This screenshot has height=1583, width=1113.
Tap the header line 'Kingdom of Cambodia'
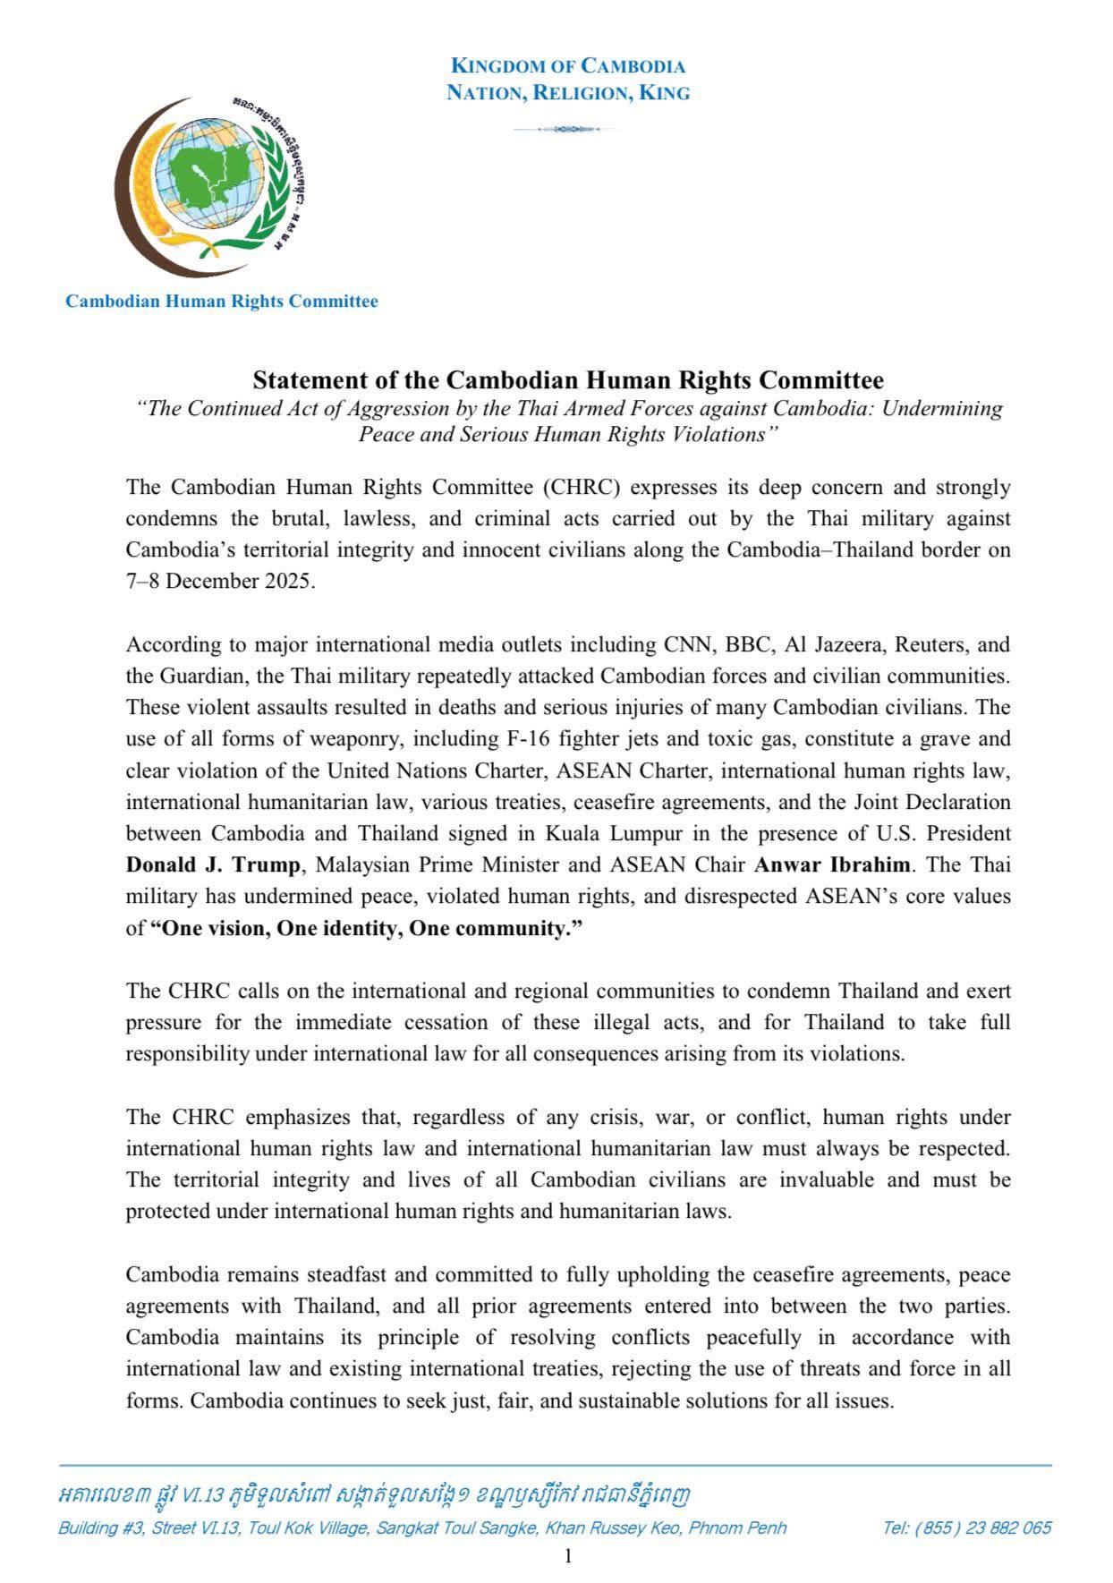(x=568, y=66)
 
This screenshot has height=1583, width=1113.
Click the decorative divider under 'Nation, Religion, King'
(x=565, y=130)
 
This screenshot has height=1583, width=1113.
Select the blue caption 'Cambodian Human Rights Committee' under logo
(x=221, y=302)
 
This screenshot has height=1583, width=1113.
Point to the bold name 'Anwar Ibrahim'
(x=833, y=865)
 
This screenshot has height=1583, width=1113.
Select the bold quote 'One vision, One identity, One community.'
(x=366, y=929)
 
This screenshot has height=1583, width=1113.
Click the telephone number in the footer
(x=966, y=1528)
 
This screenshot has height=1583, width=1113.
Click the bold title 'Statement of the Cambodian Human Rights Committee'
(x=567, y=380)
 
